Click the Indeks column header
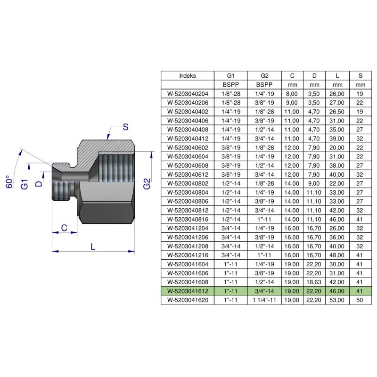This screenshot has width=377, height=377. [188, 75]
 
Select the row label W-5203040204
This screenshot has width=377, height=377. [188, 94]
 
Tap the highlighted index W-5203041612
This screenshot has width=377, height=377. [188, 291]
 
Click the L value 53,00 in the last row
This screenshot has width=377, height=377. [337, 300]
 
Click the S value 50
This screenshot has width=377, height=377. [361, 300]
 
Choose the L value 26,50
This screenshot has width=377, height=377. [337, 112]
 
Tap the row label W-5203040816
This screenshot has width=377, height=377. [188, 219]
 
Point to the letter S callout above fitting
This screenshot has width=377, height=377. [125, 126]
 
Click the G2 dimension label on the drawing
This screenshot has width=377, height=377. [147, 184]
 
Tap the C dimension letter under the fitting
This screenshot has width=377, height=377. [63, 228]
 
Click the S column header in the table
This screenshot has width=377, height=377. [361, 75]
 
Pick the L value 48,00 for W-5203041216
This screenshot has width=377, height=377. [337, 255]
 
